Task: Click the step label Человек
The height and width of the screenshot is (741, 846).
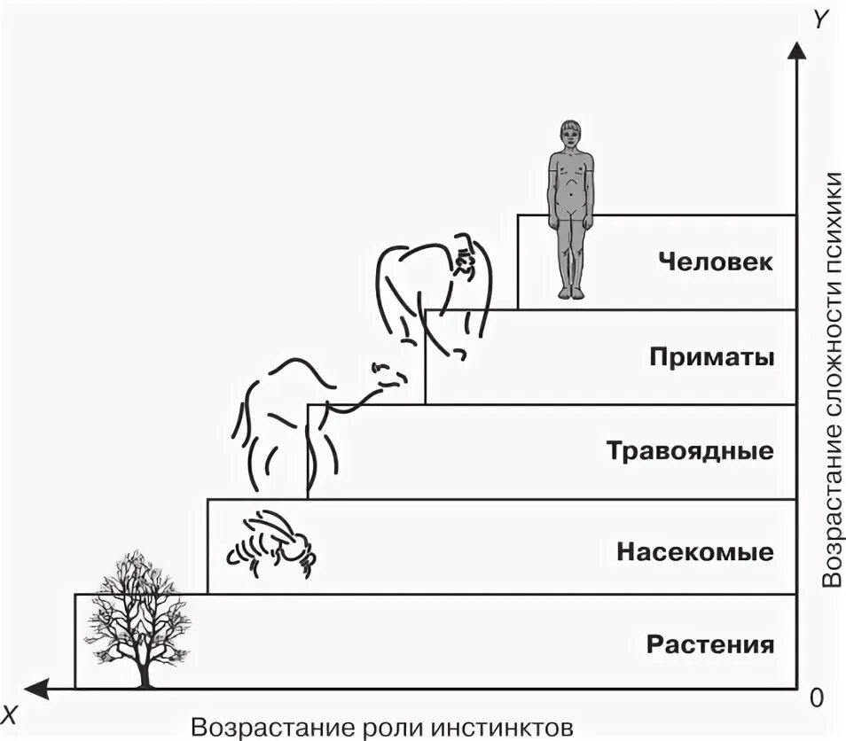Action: pyautogui.click(x=716, y=262)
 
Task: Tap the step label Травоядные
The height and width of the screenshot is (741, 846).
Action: pyautogui.click(x=690, y=451)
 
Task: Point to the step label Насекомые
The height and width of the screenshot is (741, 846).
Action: pyautogui.click(x=695, y=553)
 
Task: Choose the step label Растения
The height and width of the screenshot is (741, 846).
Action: pyautogui.click(x=709, y=643)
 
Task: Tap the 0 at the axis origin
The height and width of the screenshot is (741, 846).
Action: pyautogui.click(x=817, y=698)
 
